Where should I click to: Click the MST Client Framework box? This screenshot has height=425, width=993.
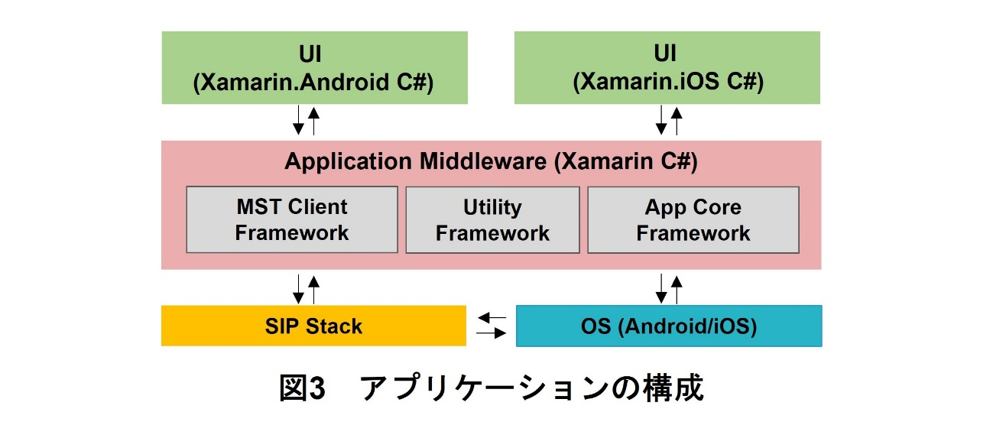[292, 219]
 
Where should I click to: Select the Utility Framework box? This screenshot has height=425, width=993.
[492, 220]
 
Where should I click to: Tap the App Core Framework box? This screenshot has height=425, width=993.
[693, 220]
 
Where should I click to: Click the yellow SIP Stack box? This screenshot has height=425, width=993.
[313, 326]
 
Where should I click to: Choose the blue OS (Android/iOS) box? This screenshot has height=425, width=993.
[669, 326]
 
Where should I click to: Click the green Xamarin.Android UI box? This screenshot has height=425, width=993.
[313, 67]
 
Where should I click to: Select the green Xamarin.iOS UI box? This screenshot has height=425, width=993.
[667, 67]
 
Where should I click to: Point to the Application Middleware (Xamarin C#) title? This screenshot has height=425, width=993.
[491, 162]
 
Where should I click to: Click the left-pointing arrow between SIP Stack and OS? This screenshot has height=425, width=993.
[492, 317]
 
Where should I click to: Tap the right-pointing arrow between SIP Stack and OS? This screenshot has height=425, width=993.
[492, 333]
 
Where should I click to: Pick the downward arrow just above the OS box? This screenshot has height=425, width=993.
[661, 289]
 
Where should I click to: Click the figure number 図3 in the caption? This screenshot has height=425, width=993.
[303, 389]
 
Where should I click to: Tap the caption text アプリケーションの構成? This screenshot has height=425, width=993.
[531, 389]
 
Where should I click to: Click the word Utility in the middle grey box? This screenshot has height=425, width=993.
[492, 207]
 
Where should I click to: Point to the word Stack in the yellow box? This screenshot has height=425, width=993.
[335, 326]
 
